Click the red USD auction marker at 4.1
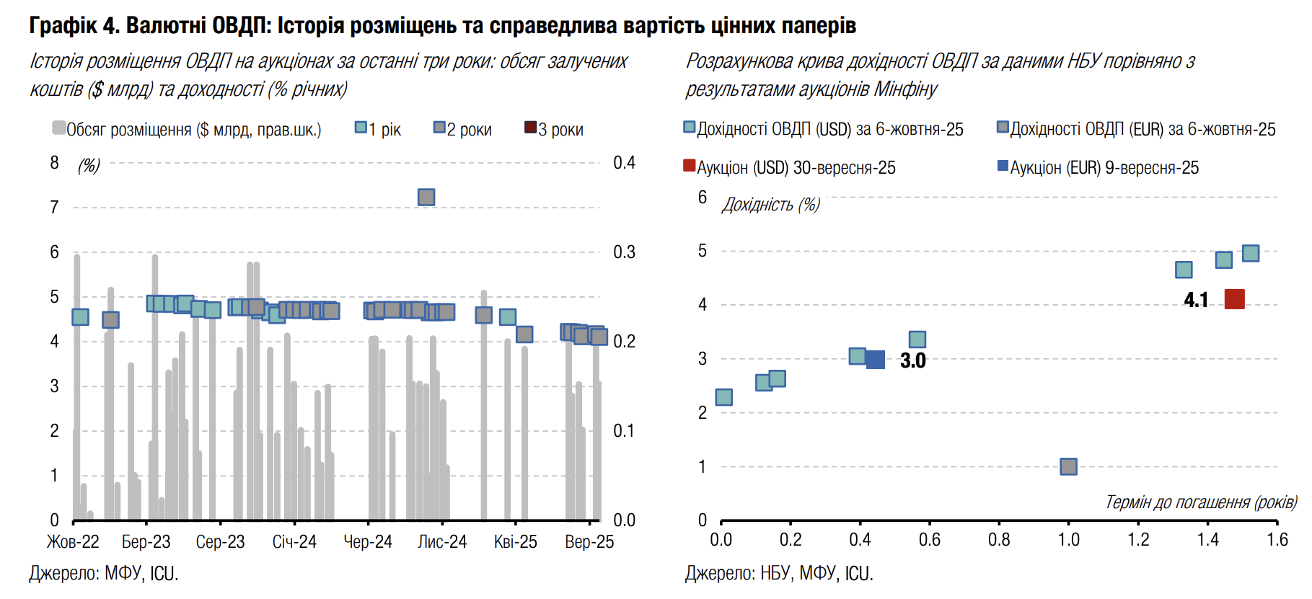point(1234,299)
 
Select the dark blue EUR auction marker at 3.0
point(875,360)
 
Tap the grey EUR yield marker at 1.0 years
point(1068,466)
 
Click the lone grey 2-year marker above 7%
point(426,197)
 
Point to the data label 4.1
point(1196,300)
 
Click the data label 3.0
point(912,360)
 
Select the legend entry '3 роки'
point(553,130)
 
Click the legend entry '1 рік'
point(378,130)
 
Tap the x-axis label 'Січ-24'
point(294,542)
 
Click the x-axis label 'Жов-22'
point(73,542)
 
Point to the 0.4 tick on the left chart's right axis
point(624,163)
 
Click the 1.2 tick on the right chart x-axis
point(1138,540)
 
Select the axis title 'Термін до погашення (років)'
point(1201,502)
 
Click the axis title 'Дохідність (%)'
point(770,205)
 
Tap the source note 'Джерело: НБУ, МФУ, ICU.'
point(779,574)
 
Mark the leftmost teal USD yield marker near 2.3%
point(723,397)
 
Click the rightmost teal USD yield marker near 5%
point(1251,253)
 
